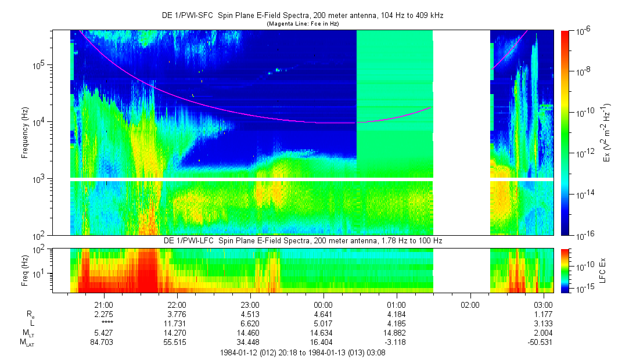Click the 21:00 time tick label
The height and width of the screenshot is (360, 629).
[103, 305]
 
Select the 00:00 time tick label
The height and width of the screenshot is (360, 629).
[323, 305]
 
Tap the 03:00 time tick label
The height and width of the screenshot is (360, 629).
[543, 305]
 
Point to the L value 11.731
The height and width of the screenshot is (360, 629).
[177, 323]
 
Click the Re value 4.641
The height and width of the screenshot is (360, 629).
[323, 314]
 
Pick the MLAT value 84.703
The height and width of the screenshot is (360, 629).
[103, 342]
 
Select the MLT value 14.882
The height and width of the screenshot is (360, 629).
[396, 333]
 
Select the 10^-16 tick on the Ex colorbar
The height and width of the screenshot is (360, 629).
[583, 235]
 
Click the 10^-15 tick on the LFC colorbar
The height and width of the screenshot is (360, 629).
[583, 289]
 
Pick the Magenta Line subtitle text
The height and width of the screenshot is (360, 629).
[302, 24]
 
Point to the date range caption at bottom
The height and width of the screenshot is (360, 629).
[302, 352]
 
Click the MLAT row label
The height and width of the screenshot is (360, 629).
[27, 342]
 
